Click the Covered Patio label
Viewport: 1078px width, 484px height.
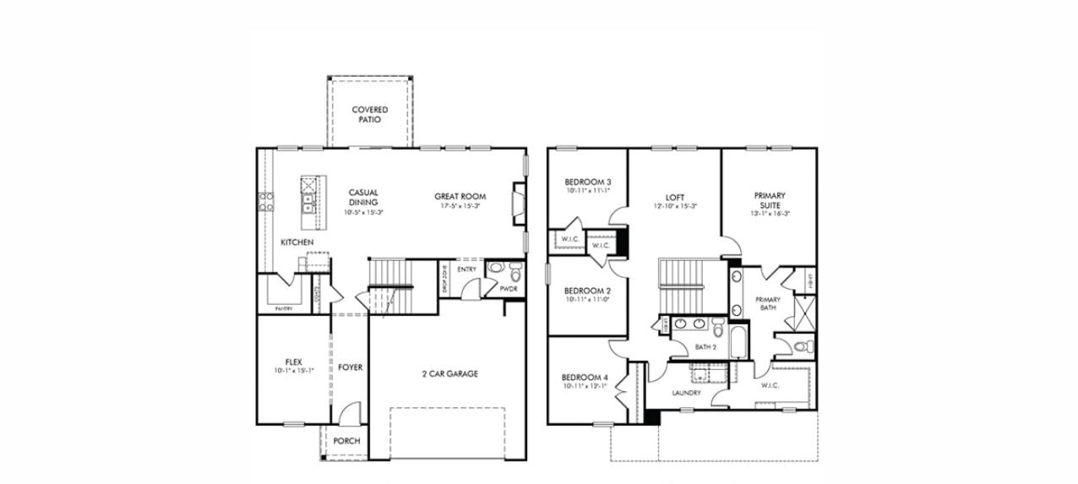(x=370, y=114)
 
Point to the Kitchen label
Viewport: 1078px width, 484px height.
(x=297, y=242)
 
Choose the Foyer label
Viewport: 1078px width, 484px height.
(x=350, y=367)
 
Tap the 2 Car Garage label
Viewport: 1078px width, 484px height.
(x=450, y=373)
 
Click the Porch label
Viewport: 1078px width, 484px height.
(x=346, y=441)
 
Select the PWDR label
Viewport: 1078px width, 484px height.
(x=509, y=289)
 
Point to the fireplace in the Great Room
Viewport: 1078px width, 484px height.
(x=517, y=204)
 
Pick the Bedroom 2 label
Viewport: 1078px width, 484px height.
(x=587, y=291)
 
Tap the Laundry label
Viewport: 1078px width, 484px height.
(x=686, y=393)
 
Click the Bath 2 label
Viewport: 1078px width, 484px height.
(x=705, y=347)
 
